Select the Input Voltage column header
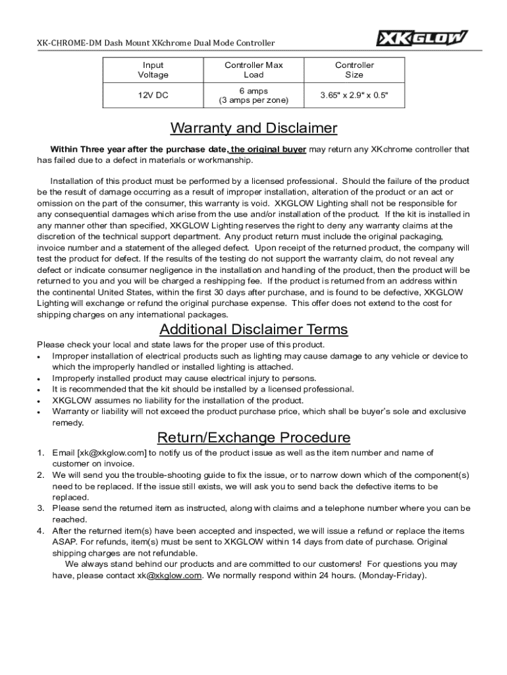click(153, 70)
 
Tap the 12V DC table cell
click(153, 96)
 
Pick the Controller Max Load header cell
click(254, 70)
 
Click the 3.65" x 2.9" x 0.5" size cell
click(354, 96)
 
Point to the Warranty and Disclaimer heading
click(254, 128)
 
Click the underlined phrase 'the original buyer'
click(268, 150)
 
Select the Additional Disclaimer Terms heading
click(254, 330)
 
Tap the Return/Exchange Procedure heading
click(254, 438)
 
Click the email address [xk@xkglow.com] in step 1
click(111, 453)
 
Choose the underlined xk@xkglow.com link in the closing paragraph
click(169, 575)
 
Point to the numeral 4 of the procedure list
click(40, 531)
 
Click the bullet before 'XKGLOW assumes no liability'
click(40, 401)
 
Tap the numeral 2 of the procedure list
click(40, 475)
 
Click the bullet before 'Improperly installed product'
click(40, 379)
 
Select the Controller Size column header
click(354, 70)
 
